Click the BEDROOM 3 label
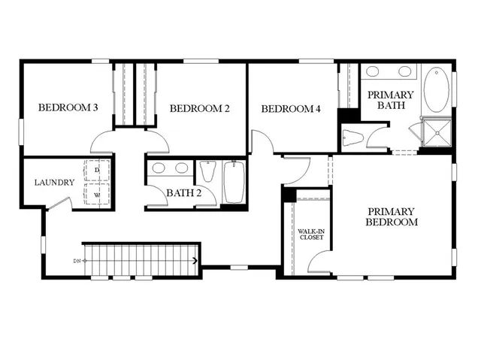click(68, 107)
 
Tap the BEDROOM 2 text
click(199, 108)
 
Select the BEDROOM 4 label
click(291, 109)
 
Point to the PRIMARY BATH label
click(390, 100)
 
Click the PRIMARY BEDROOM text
click(391, 216)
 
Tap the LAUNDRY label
click(54, 183)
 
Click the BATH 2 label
click(184, 193)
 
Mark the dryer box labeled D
click(97, 171)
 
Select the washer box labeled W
click(97, 194)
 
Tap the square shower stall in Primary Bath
click(437, 135)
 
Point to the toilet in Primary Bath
click(354, 137)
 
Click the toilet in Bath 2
click(208, 171)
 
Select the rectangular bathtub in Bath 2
click(234, 182)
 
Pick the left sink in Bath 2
click(159, 167)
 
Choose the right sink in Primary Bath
click(404, 72)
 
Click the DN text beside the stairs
click(77, 261)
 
